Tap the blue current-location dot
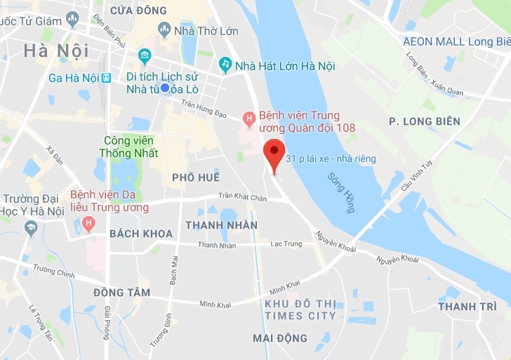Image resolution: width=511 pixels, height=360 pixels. point(165,88)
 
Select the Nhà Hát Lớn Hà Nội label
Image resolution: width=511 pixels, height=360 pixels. point(285,66)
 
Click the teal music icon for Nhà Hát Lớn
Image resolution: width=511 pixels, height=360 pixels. point(225,65)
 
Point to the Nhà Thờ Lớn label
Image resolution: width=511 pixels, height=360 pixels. point(207,31)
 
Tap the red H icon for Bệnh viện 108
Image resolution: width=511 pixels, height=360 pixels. point(248,119)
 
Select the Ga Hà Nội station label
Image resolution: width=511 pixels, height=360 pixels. point(74,78)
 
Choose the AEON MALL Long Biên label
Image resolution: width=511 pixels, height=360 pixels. point(457,41)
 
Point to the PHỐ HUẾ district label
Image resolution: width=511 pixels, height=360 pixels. point(196,178)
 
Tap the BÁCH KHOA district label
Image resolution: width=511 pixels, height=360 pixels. point(141,234)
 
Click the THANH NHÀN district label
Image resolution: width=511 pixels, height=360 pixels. point(221,225)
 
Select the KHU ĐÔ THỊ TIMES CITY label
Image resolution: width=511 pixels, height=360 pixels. point(300,309)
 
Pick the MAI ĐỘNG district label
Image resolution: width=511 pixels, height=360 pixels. point(280,338)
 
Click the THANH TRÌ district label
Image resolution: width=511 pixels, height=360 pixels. point(467,307)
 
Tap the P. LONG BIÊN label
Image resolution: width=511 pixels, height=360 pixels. point(425,121)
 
